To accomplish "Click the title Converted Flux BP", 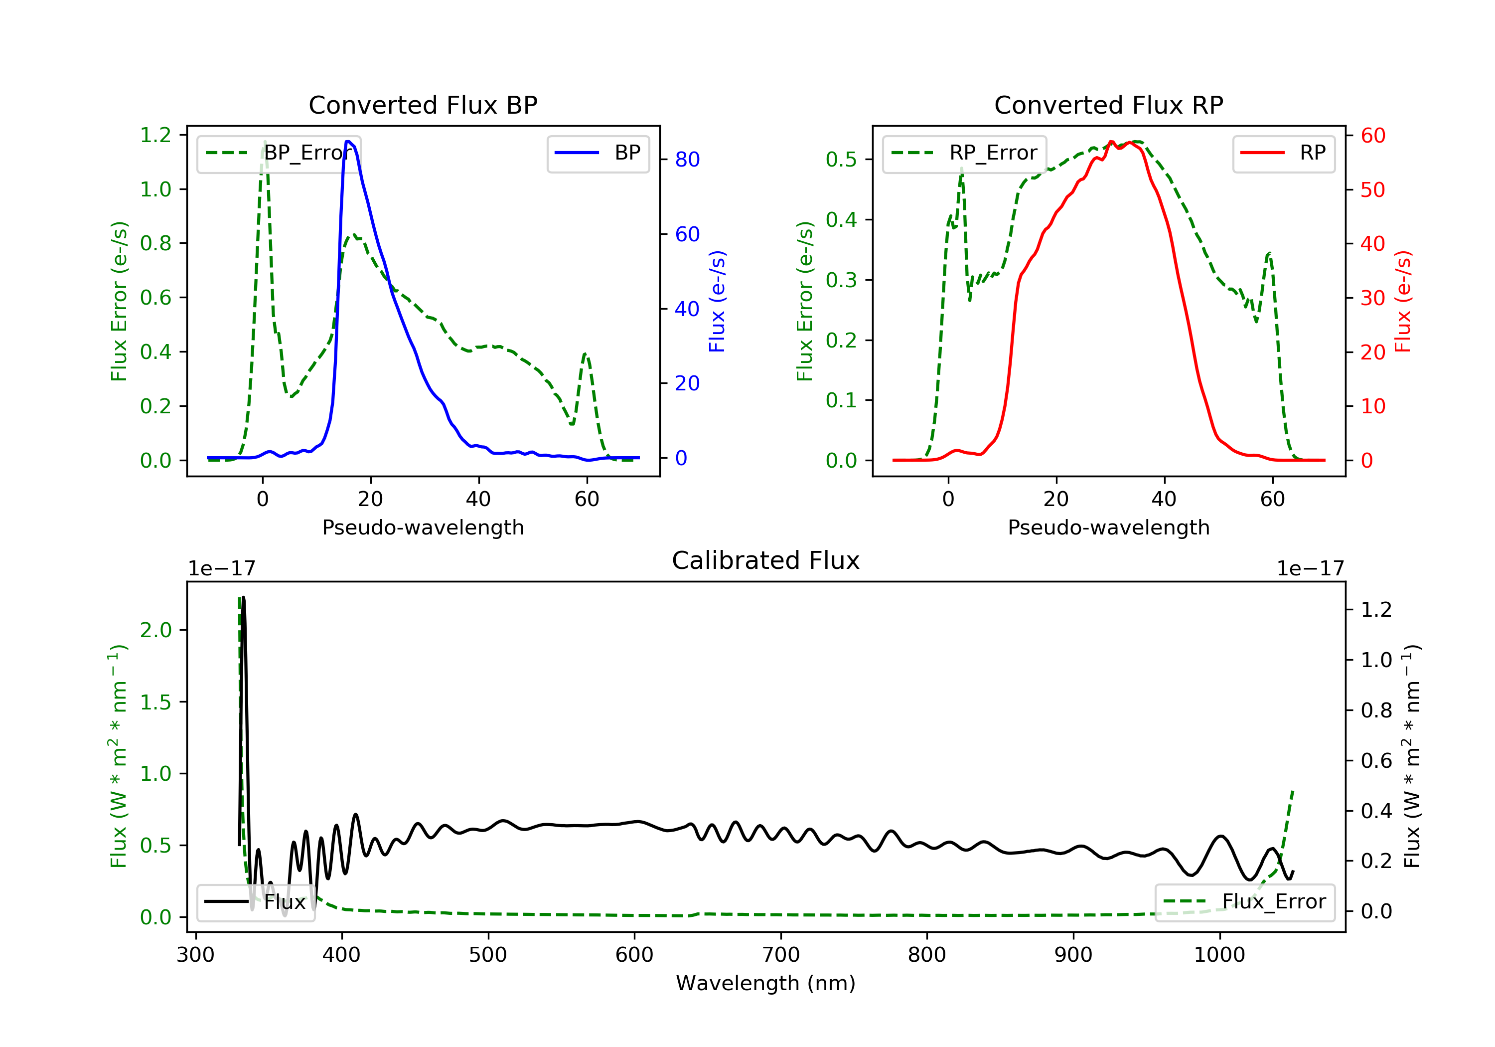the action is tap(423, 105).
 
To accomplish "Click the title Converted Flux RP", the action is tap(1109, 105).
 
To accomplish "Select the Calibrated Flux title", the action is tap(766, 560).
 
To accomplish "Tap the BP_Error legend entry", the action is tap(279, 153).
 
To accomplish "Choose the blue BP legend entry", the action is tap(598, 153).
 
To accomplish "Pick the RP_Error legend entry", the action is tap(964, 153).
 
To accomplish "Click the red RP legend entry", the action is tap(1283, 153).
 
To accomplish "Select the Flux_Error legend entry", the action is tap(1244, 902).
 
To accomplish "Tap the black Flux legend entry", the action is tap(255, 902).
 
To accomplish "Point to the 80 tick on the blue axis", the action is tap(687, 160).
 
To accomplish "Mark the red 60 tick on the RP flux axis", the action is tap(1372, 136).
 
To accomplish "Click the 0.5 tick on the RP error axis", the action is tap(841, 160).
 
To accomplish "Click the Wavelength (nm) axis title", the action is tap(766, 983).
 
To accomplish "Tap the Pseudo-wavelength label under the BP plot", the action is tap(423, 527).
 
